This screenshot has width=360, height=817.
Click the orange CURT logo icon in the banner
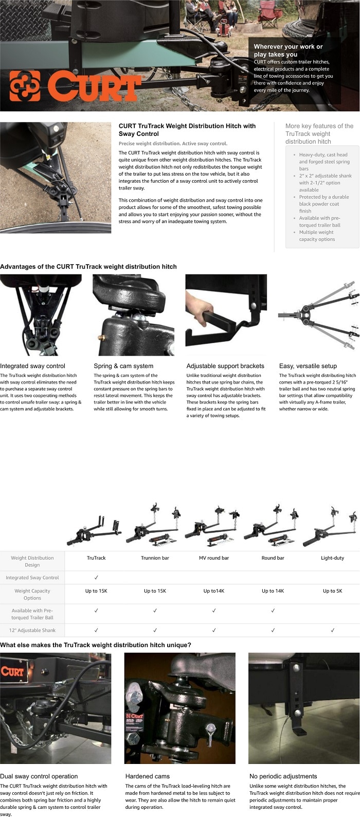25,85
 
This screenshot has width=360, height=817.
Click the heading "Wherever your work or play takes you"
288,50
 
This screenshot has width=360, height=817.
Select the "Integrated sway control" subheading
32,366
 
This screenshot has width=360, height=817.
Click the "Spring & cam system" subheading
123,366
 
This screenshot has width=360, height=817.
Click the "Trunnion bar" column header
155,558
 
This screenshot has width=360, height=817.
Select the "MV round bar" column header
214,558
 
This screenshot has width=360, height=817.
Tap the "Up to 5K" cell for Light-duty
332,591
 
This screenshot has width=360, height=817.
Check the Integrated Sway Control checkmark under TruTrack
96,578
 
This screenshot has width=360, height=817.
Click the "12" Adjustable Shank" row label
32,630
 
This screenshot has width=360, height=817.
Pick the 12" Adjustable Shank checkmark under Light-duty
332,630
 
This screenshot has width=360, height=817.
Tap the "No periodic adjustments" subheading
283,776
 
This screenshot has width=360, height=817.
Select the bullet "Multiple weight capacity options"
317,236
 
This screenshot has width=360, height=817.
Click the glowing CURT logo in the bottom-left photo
12,671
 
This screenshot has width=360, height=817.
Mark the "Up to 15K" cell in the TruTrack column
96,591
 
